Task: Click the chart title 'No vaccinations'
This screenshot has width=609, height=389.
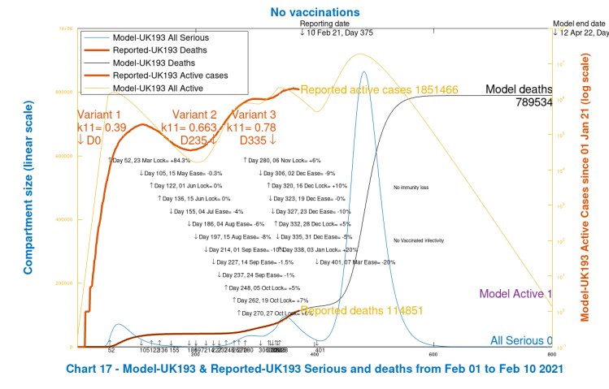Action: point(303,13)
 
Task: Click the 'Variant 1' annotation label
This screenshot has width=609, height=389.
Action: point(98,115)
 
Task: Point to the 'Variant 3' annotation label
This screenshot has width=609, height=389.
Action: point(254,115)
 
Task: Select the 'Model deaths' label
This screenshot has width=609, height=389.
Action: point(519,89)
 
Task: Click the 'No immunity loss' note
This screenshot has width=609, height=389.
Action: point(410,188)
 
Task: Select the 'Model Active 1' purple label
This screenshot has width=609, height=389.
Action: point(515,293)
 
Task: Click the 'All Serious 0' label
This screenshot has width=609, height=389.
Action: point(520,341)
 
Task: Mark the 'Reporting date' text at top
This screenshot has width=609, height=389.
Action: point(325,24)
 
